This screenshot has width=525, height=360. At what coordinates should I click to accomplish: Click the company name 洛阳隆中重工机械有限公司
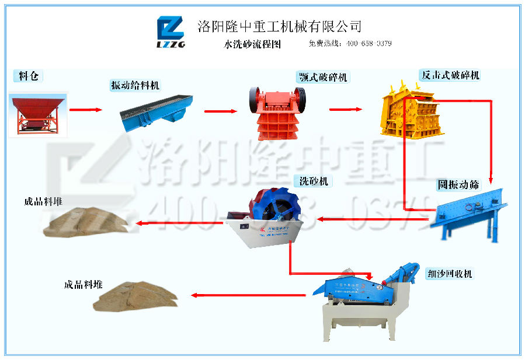click(x=280, y=26)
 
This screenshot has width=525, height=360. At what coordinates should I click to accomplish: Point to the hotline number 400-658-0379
click(x=368, y=44)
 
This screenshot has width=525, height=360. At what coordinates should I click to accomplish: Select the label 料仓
click(x=28, y=76)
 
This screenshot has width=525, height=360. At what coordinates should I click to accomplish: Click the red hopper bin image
click(x=39, y=114)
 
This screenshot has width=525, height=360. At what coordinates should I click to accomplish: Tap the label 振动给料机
click(x=135, y=85)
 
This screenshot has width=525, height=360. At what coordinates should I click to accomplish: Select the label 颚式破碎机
click(x=322, y=78)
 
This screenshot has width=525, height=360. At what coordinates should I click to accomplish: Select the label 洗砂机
click(x=314, y=181)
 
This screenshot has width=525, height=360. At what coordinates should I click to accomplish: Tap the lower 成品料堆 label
click(x=83, y=285)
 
